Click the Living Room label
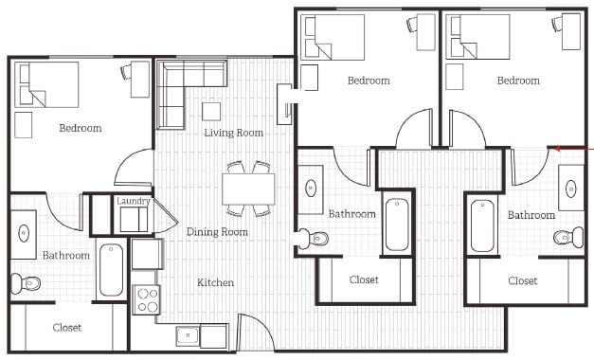[233, 133]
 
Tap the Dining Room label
[217, 232]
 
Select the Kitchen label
[215, 282]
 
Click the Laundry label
[134, 201]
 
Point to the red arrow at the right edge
[572, 148]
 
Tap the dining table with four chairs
[249, 187]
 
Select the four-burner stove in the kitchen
[146, 299]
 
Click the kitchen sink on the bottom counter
[188, 335]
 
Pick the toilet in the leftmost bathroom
[26, 282]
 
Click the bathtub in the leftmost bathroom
[112, 271]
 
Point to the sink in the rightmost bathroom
[571, 186]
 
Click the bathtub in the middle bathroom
[396, 224]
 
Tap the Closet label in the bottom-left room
[66, 328]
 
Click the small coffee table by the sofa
[211, 111]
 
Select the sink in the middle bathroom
[312, 186]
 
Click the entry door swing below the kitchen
[254, 333]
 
